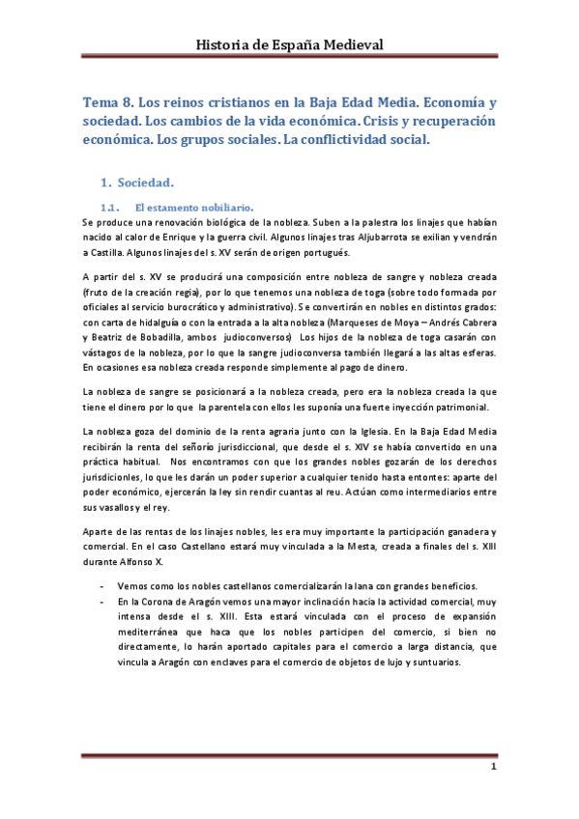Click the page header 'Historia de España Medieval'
(290, 44)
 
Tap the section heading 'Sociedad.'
(145, 183)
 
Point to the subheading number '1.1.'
(108, 207)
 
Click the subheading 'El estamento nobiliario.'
(194, 207)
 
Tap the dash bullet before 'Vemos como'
(103, 586)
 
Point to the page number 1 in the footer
(493, 768)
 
